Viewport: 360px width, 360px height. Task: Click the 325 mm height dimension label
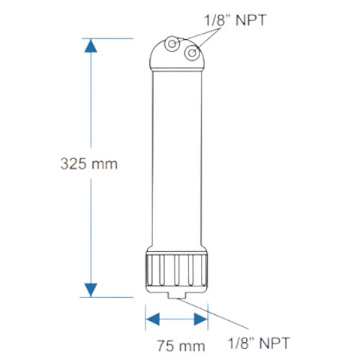click(89, 163)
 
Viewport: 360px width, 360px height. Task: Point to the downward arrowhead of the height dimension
click(91, 289)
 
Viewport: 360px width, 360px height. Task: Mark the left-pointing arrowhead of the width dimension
click(153, 319)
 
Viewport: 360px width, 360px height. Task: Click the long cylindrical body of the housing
click(176, 157)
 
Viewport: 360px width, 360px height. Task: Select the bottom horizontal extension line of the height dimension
click(112, 296)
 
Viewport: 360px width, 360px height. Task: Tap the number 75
click(166, 346)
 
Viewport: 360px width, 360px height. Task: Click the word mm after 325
click(105, 163)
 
